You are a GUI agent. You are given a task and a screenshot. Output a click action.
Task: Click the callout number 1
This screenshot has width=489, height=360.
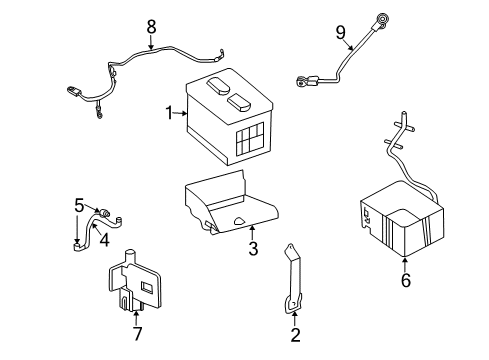click(169, 113)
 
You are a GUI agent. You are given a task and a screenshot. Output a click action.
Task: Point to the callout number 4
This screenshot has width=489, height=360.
click(105, 238)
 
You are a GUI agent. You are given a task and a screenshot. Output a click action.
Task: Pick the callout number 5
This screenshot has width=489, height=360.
click(79, 207)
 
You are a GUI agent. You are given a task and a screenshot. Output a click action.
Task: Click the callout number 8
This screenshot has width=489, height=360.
click(151, 26)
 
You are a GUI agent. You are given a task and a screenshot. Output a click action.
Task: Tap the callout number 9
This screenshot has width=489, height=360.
click(340, 33)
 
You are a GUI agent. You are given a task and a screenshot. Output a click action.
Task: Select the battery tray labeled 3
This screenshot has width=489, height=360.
click(225, 205)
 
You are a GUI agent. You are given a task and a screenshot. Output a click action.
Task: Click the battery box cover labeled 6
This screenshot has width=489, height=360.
click(400, 225)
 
